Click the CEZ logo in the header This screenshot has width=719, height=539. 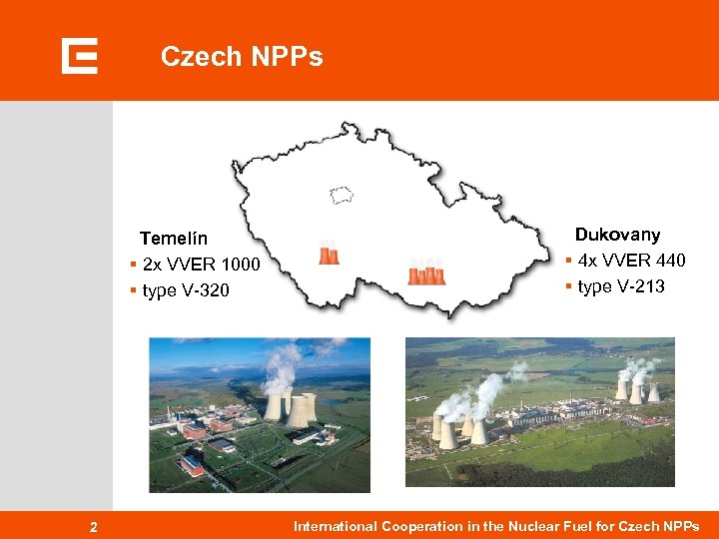pos(79,56)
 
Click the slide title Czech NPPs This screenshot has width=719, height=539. pos(242,57)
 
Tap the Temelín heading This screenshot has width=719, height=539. pos(174,239)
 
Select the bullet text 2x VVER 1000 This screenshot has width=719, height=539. pos(201,265)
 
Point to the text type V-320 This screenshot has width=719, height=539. pos(186,290)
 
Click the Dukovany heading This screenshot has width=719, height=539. pos(617,235)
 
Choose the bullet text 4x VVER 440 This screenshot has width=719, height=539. pos(631,261)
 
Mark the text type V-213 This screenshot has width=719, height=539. pos(620,286)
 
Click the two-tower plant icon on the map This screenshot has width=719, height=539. pos(329,254)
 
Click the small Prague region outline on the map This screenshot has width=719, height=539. pos(343,194)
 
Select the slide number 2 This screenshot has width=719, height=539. pos(93,527)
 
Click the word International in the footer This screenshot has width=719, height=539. pos(336,526)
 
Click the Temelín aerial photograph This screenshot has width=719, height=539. pos(260,414)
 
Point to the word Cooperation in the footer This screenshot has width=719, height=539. pos(420,526)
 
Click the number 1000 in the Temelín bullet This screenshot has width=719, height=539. pos(241,265)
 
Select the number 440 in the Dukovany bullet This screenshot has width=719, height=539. pos(670,261)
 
